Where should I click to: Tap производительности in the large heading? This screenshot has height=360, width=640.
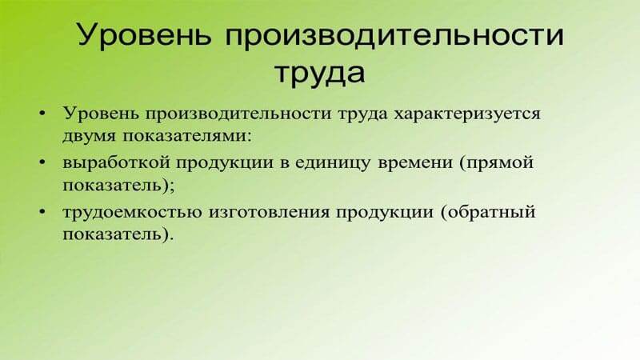tap(389, 36)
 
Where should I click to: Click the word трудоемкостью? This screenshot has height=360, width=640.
tap(123, 214)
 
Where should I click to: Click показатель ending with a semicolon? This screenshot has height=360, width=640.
tap(113, 184)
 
